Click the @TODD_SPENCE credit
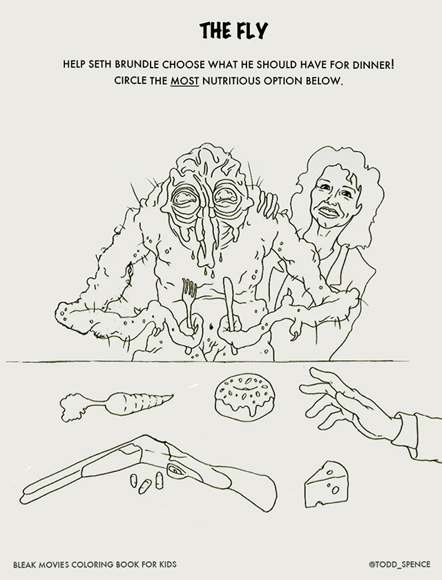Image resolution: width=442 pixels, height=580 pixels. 399,564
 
